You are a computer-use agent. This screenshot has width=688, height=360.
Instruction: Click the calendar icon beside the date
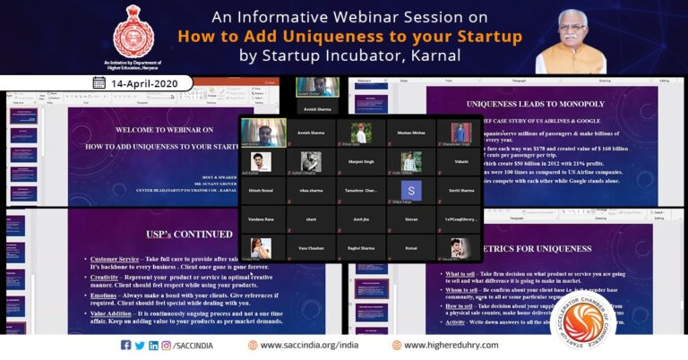tap(99, 82)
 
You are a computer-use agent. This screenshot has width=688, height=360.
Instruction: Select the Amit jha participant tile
tap(361, 219)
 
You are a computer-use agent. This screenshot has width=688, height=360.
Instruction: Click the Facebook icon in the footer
tap(125, 345)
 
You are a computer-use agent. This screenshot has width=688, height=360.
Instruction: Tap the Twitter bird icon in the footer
tap(140, 345)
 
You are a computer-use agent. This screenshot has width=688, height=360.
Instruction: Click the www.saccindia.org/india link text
tap(309, 345)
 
